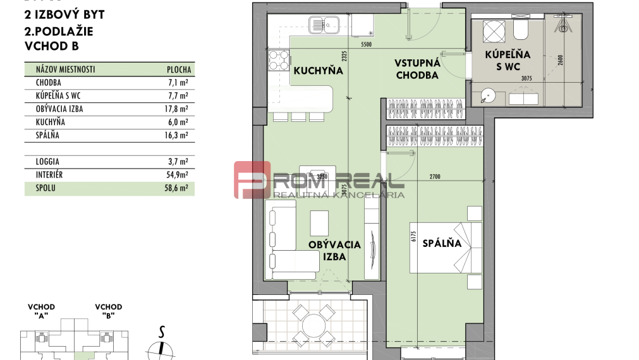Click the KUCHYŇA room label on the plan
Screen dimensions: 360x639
click(x=318, y=71)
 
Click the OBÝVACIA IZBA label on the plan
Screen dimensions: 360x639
click(x=334, y=250)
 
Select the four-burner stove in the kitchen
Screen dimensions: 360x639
click(x=279, y=61)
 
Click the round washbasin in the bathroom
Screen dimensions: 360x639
click(x=487, y=96)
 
